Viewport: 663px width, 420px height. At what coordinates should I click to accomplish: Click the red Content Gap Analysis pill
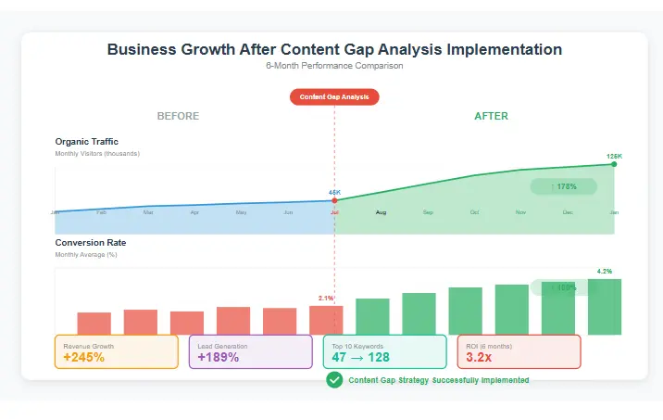pos(334,96)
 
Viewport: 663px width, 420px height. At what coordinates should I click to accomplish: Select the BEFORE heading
pos(178,117)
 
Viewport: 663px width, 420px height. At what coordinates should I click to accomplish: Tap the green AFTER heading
pos(491,117)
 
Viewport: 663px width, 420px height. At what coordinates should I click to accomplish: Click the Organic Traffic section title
pos(86,142)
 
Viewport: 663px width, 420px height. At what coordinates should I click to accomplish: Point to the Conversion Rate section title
pos(91,243)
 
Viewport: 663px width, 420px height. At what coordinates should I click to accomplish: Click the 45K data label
pos(334,193)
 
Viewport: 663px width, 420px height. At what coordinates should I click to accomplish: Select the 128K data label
pos(614,156)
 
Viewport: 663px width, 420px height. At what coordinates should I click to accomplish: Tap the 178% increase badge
pos(563,186)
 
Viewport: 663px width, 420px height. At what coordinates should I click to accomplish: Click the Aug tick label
pos(381,212)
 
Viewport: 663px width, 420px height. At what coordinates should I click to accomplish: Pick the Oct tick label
pos(474,212)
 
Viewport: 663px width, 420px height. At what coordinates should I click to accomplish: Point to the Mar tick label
pos(148,212)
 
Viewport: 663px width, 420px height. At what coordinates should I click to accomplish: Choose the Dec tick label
pos(568,212)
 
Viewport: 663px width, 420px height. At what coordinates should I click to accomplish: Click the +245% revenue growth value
pos(84,358)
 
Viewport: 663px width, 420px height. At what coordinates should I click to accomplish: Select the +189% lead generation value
pos(219,358)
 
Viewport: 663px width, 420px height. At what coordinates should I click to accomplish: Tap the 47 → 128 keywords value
pos(360,358)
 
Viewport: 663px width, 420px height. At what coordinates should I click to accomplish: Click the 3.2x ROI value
pos(479,358)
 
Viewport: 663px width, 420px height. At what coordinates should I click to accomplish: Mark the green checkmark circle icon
pos(334,380)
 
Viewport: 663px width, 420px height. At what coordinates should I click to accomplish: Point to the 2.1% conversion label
pos(325,299)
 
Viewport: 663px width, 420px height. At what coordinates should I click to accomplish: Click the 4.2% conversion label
pos(605,272)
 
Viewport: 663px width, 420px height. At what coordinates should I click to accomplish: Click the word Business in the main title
pos(142,49)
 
